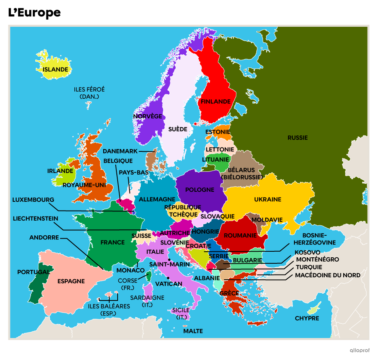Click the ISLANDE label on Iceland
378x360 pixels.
56,70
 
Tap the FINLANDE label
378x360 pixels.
216,102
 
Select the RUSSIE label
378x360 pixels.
298,138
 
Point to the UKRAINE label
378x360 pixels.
268,199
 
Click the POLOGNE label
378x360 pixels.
200,190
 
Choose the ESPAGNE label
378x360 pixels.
71,281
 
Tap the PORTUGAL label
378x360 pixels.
34,272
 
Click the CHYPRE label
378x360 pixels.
307,318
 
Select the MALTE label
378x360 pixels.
193,331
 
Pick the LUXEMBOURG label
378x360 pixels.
33,199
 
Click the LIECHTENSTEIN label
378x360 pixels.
36,219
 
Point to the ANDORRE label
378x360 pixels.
44,238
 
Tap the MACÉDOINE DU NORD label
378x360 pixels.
328,275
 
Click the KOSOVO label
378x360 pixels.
307,253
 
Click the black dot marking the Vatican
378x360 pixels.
168,278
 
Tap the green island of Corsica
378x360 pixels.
148,276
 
